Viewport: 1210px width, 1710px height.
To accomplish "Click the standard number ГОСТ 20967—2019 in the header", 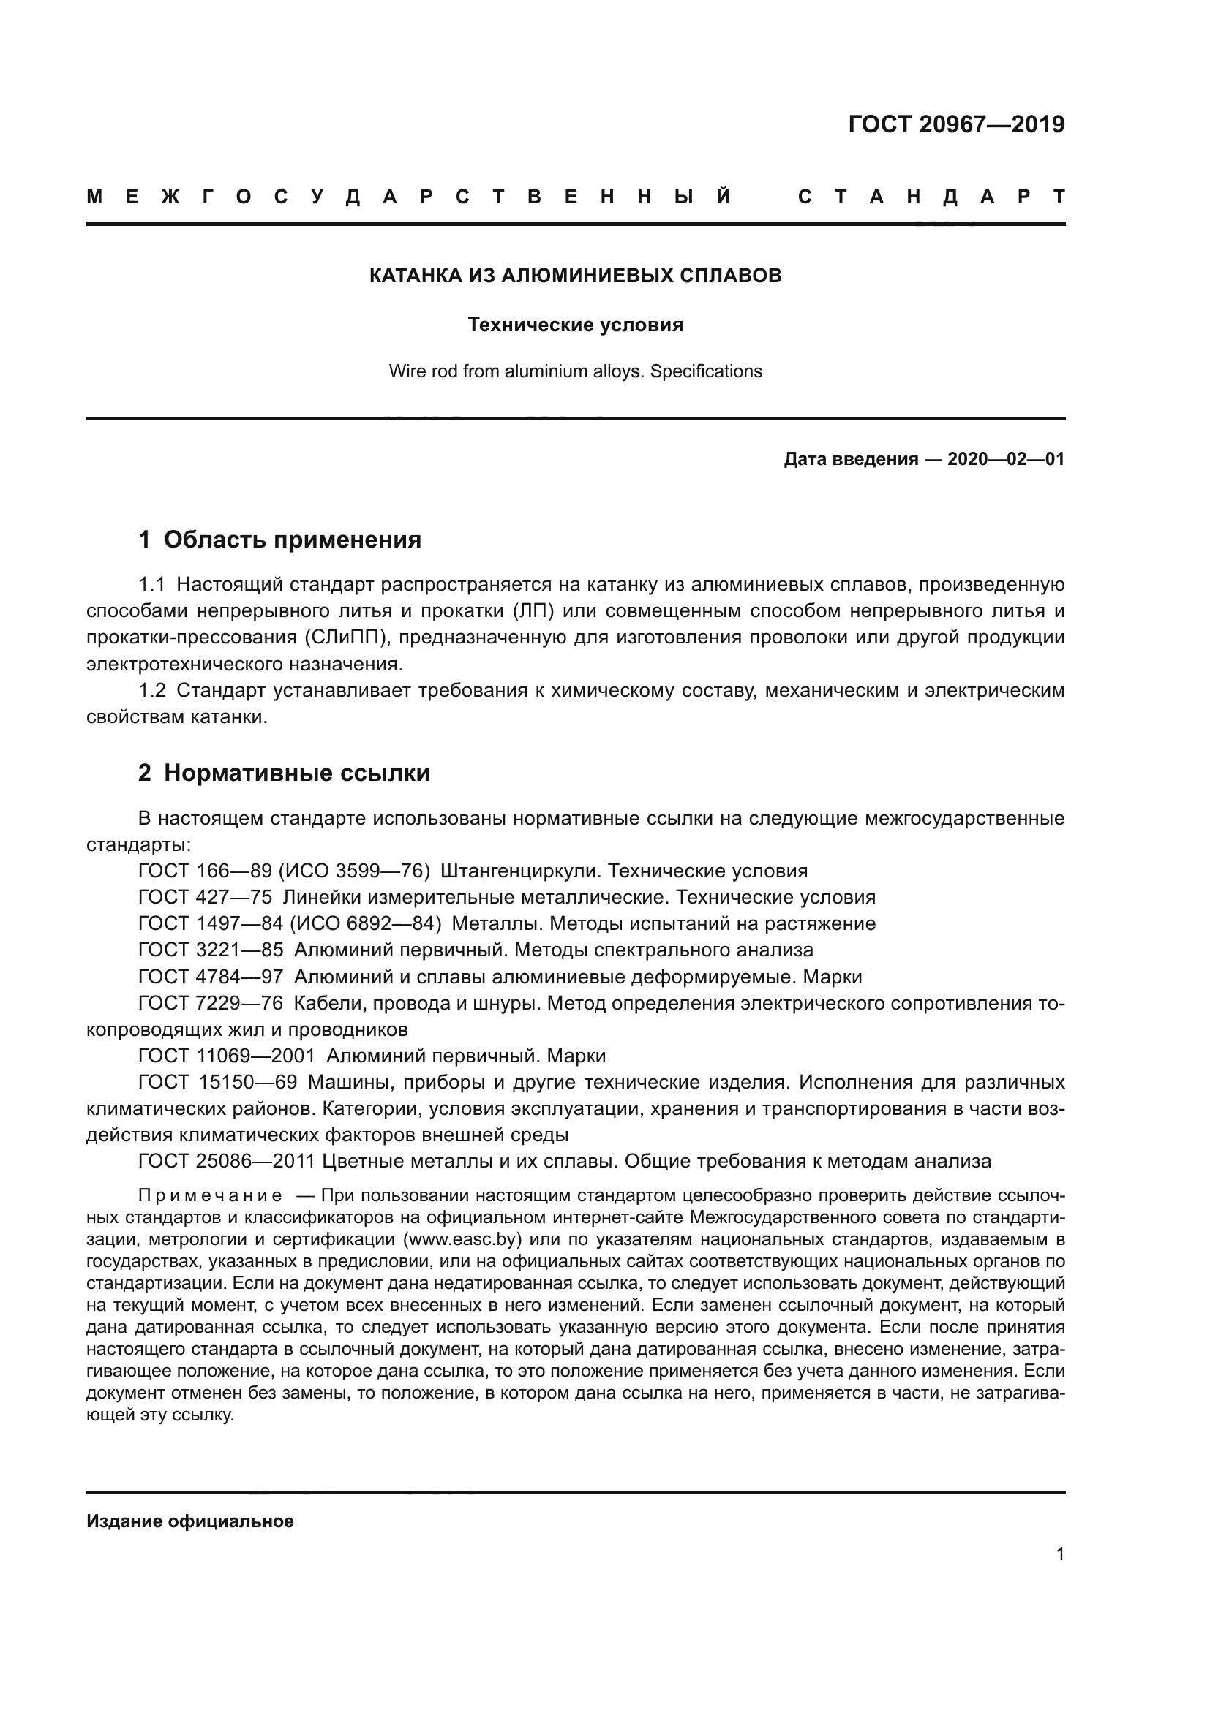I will [956, 124].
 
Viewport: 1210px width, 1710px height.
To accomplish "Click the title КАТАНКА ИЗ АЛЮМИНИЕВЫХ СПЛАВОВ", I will [575, 276].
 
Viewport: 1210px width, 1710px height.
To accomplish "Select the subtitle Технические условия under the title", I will [575, 325].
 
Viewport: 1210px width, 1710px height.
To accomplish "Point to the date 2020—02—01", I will [1005, 460].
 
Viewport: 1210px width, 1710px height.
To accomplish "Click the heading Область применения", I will [292, 540].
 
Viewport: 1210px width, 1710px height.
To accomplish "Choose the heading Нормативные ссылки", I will [296, 773].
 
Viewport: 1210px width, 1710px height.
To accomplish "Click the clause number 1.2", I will [152, 691].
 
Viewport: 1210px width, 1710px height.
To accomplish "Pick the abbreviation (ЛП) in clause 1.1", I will [533, 611].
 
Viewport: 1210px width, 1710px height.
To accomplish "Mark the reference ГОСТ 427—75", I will [205, 898].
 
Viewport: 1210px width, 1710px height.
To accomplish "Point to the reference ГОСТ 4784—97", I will [211, 977].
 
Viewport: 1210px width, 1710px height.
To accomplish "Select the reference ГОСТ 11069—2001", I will [227, 1056].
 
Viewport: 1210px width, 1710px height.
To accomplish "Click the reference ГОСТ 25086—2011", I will [227, 1161].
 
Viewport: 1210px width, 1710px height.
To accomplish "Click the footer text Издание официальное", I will [190, 1521].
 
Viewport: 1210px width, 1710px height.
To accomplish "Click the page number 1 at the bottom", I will [1060, 1554].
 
